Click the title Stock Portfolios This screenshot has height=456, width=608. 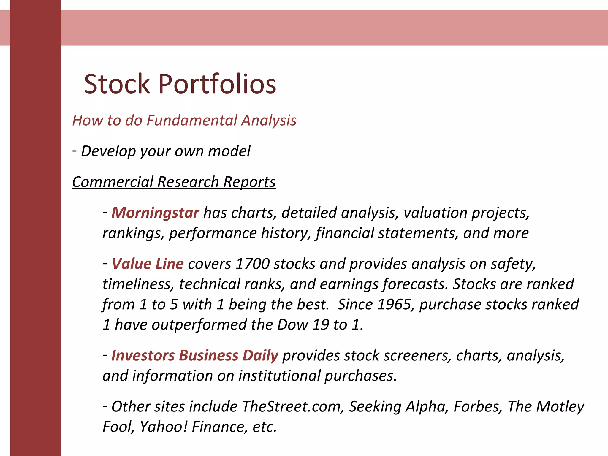[180, 84]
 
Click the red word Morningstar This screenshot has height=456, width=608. [155, 213]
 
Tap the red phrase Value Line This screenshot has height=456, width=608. [148, 264]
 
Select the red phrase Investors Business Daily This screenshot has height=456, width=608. [195, 356]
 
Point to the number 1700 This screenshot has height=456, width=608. [252, 264]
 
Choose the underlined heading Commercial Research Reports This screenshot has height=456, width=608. [174, 182]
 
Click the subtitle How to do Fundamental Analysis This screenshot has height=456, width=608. [184, 121]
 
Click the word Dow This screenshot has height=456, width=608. [292, 324]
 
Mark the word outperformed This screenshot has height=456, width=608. [199, 324]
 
